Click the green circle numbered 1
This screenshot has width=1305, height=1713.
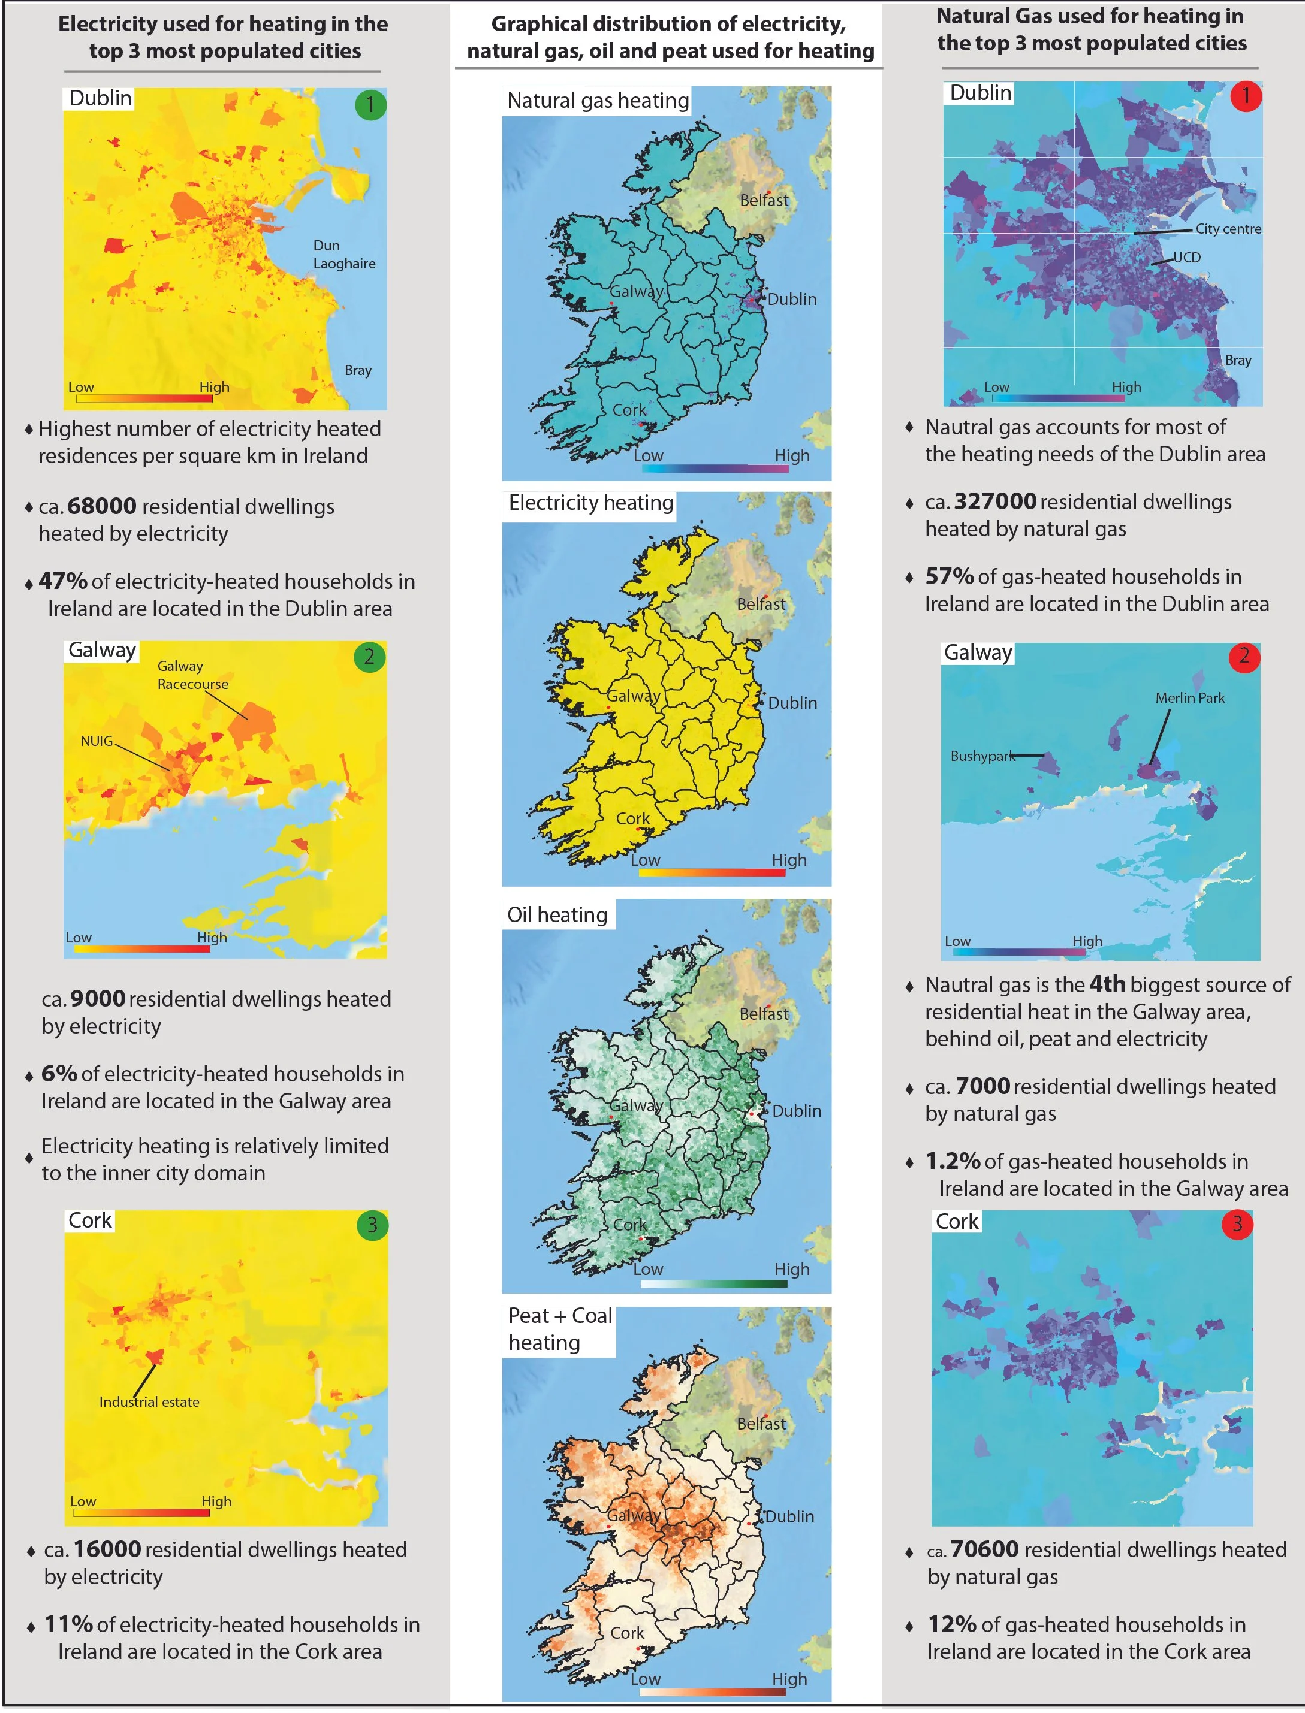tap(370, 104)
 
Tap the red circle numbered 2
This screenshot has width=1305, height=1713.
tap(1244, 657)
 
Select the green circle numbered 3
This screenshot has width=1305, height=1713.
tap(372, 1225)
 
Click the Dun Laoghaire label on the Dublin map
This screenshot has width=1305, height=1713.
tap(344, 255)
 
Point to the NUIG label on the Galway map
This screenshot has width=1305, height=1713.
tap(97, 741)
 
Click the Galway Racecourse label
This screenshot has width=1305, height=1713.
tap(192, 675)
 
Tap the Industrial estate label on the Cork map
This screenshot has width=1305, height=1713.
tap(149, 1401)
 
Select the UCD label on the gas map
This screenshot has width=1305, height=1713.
tap(1186, 257)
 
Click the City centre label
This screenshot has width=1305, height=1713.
tap(1228, 229)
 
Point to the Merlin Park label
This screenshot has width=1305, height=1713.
tap(1189, 698)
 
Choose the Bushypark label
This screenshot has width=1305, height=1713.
tap(982, 756)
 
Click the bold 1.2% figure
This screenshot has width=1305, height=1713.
tap(953, 1161)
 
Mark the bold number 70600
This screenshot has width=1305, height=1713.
tap(984, 1549)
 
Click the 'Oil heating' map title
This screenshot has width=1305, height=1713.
tap(557, 915)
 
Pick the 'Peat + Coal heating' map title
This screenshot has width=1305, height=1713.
tap(559, 1328)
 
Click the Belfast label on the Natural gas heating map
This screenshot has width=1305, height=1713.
tap(764, 200)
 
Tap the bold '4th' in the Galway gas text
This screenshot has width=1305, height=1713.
tap(1107, 984)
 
